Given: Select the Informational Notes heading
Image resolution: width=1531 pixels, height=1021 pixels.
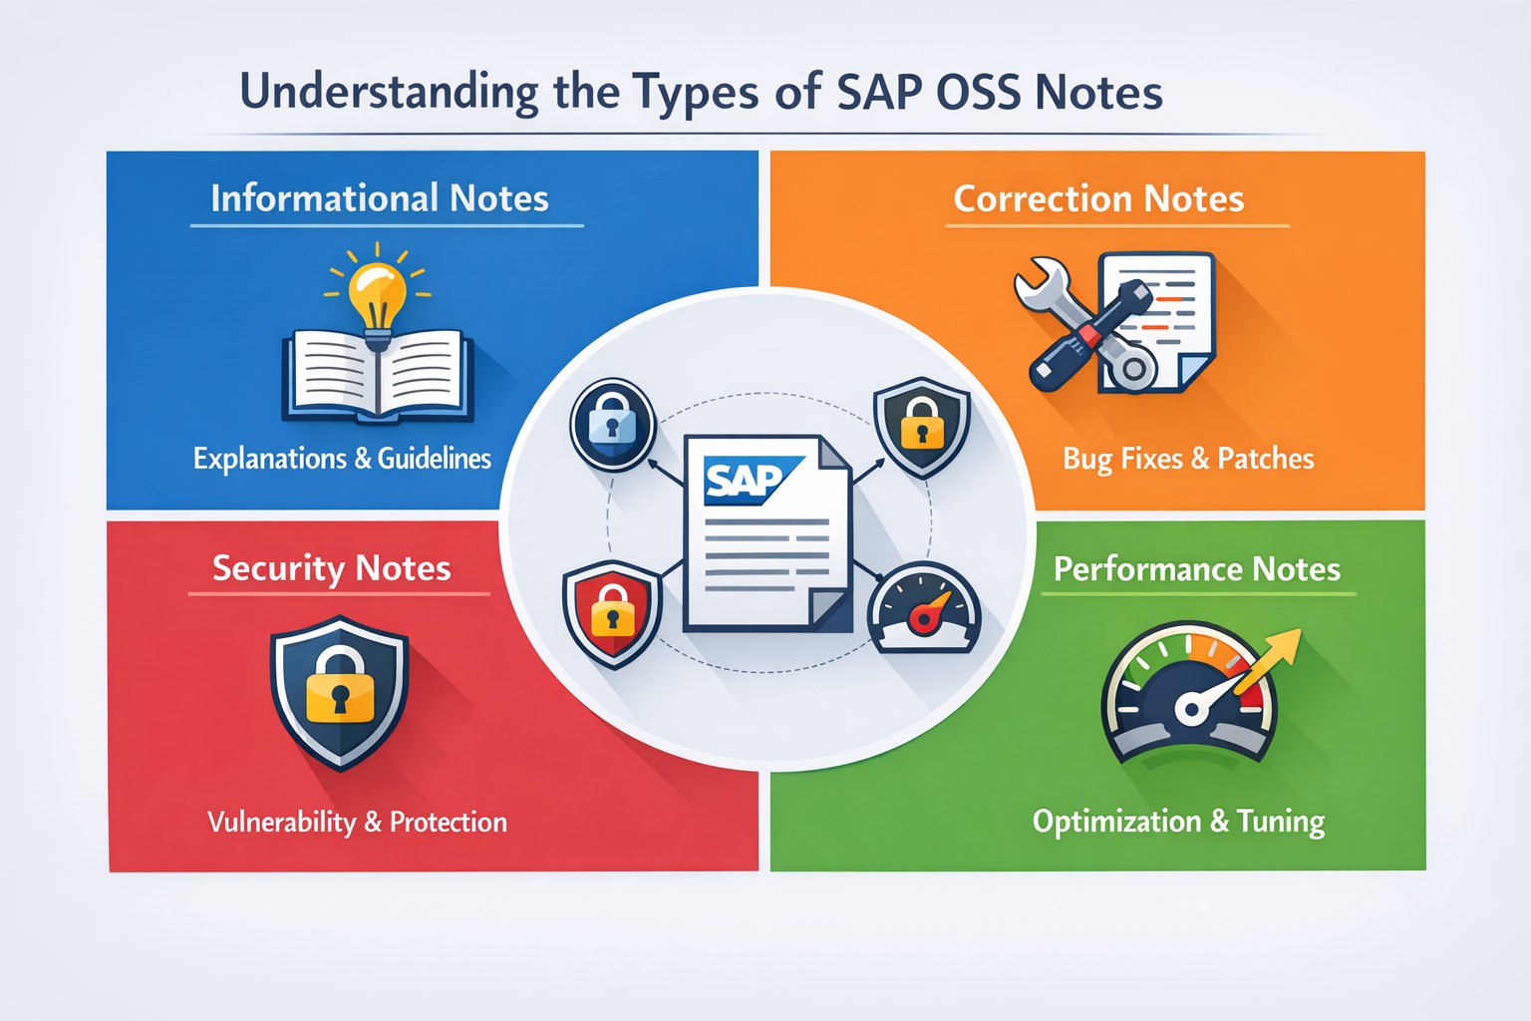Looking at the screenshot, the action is (x=380, y=198).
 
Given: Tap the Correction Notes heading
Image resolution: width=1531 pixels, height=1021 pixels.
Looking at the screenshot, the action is (x=1098, y=199).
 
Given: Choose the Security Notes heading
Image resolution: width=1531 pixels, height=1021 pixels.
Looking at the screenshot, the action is (x=332, y=568).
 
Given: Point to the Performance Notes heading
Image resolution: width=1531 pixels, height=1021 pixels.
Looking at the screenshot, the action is (x=1197, y=569).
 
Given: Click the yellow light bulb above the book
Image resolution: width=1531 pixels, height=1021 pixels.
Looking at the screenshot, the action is (x=377, y=295).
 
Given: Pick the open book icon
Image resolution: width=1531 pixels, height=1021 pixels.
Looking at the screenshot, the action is (x=378, y=377).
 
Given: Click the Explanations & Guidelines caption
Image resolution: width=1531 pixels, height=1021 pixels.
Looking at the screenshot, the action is (x=342, y=459).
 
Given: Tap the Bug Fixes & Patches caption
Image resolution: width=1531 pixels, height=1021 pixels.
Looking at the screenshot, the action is (x=1188, y=459).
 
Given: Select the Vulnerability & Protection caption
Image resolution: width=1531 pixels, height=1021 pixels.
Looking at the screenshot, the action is (x=357, y=822).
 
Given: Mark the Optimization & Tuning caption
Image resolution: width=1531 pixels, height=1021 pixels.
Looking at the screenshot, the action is (x=1178, y=822).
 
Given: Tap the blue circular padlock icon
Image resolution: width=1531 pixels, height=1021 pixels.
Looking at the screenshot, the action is (x=613, y=425).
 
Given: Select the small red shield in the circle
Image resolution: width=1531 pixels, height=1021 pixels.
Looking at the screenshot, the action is (x=612, y=613).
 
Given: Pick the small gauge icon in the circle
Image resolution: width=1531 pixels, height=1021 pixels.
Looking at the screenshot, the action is (x=924, y=608).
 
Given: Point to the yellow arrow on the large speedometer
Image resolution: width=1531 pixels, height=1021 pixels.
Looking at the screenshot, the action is (x=1269, y=660).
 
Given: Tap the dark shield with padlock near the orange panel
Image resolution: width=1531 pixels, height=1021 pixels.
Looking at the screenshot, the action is (x=922, y=427).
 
